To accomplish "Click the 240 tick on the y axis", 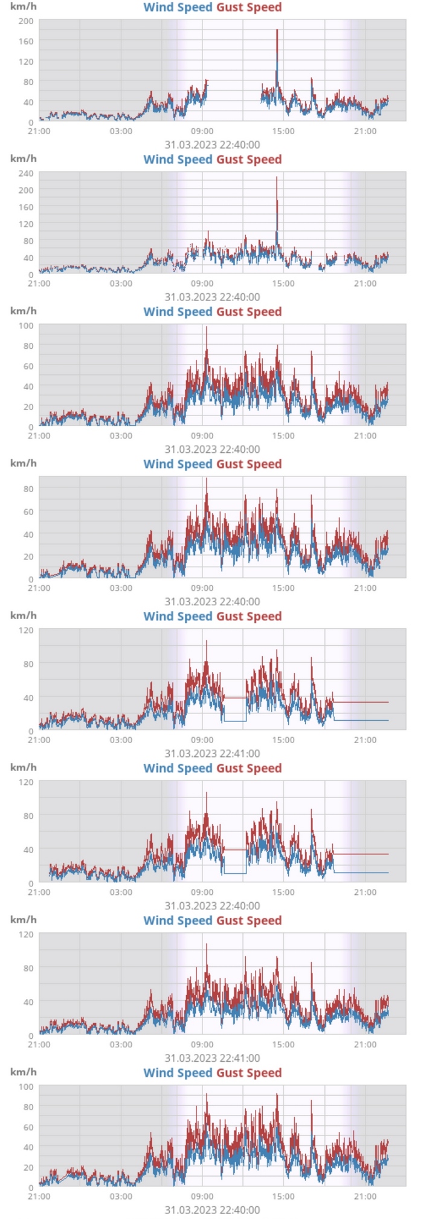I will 26,173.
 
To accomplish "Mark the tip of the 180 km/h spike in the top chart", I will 277,30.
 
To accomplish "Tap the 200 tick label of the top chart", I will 26,21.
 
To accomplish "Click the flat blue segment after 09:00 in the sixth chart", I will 234,873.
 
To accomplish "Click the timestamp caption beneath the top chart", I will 212,145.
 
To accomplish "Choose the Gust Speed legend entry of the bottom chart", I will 249,1073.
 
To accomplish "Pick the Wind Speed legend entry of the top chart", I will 178,7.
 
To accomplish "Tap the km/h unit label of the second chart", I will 23,158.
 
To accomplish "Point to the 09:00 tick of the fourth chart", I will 202,588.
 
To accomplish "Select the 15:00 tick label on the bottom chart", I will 283,1197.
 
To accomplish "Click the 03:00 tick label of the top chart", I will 121,131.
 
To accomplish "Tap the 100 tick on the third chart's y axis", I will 26,325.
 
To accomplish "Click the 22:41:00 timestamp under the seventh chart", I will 212,1058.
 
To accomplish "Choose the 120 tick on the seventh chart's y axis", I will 26,934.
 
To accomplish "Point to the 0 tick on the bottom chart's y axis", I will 30,1188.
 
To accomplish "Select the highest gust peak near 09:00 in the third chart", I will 207,327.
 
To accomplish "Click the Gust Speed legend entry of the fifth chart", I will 249,616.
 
